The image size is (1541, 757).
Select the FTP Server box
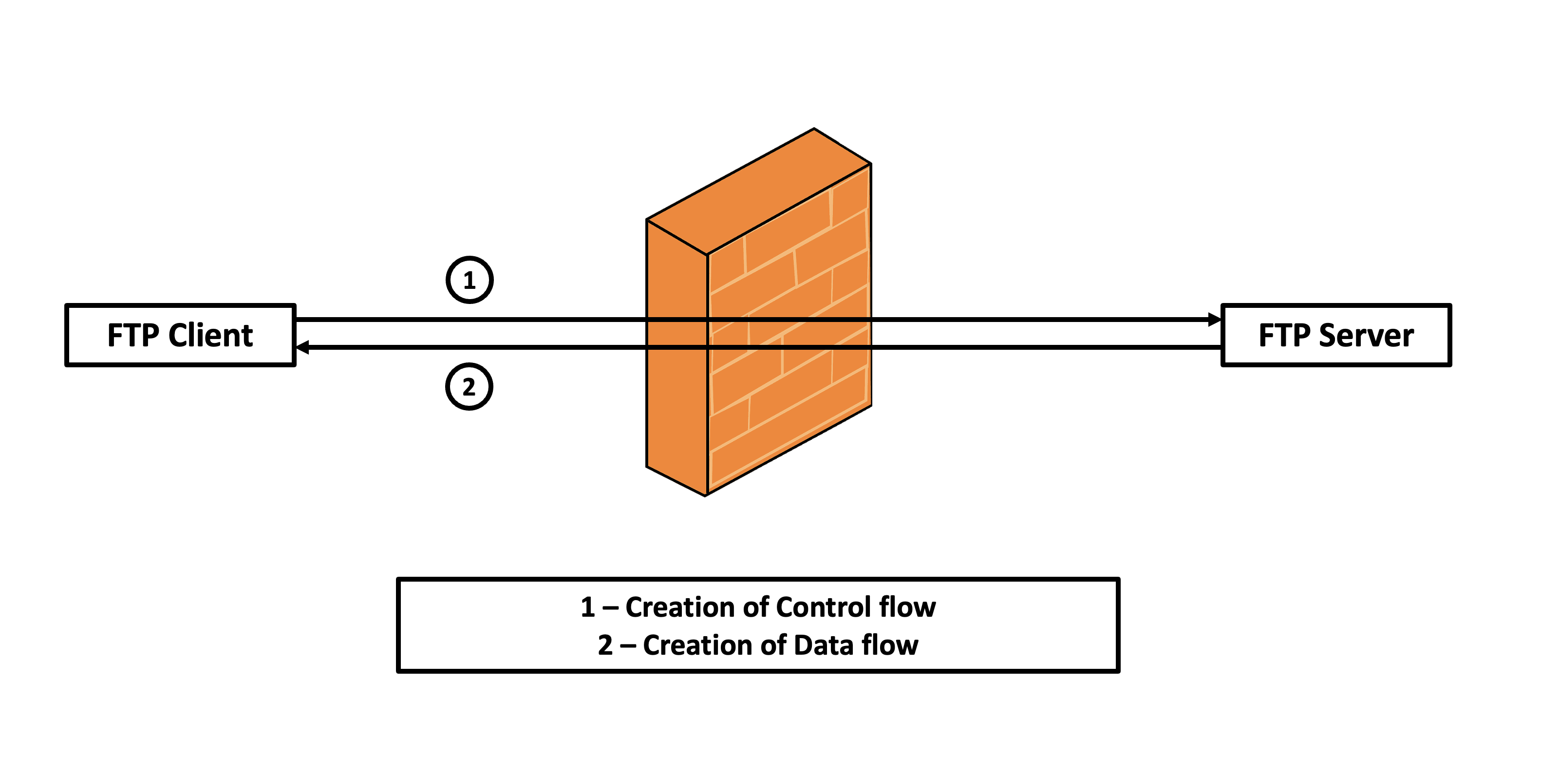point(1336,335)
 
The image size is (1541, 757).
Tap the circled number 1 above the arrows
point(470,280)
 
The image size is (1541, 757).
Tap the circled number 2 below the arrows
point(469,387)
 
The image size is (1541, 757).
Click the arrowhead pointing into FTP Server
point(1214,320)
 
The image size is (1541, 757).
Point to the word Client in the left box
point(210,335)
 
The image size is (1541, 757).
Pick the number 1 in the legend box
point(587,607)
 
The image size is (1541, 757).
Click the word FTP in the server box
point(1284,335)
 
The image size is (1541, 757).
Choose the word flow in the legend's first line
point(907,607)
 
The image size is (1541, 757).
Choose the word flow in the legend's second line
point(890,645)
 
